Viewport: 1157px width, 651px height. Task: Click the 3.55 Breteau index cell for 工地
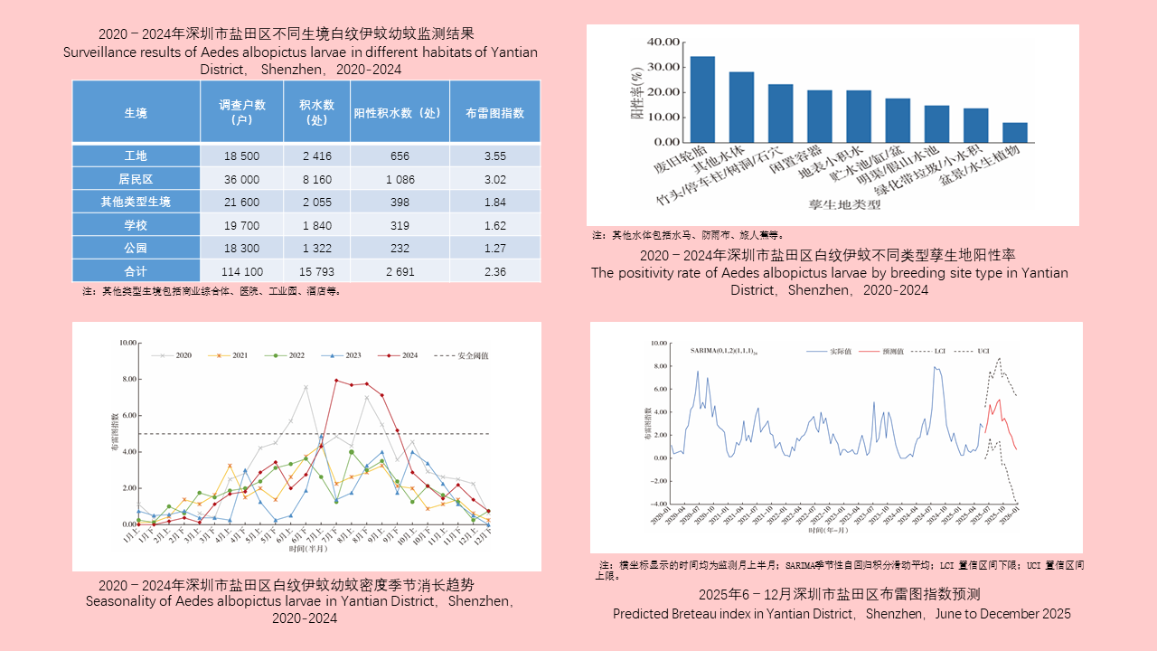pos(494,156)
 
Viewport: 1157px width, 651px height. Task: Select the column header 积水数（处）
pos(317,111)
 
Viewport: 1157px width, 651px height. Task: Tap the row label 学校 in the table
pos(136,226)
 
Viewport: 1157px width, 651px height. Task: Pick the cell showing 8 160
pos(317,179)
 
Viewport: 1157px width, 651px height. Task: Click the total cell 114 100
pos(241,271)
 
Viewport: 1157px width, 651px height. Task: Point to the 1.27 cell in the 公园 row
pos(494,249)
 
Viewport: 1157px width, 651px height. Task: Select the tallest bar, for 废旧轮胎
pos(702,99)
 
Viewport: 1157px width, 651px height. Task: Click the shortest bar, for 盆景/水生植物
pos(1014,132)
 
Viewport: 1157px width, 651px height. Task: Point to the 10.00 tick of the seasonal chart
pos(127,344)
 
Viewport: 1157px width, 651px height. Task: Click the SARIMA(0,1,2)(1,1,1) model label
pos(723,349)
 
